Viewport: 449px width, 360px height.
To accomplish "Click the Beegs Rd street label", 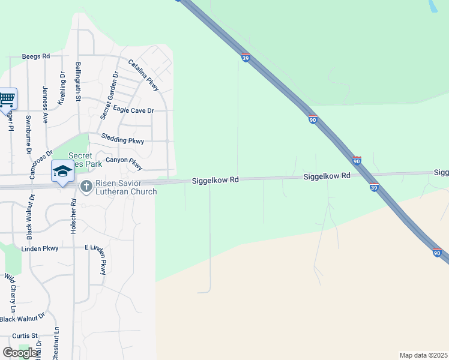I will (35, 56).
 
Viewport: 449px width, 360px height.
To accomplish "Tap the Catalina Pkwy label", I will (143, 75).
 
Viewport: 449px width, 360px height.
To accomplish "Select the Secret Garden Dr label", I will (110, 94).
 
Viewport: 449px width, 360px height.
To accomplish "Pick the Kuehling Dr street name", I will (61, 88).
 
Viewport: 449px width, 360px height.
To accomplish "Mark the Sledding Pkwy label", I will (122, 140).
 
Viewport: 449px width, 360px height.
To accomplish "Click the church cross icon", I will (86, 187).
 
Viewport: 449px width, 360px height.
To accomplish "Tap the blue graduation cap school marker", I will (62, 171).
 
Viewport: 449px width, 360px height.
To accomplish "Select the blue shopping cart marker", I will (7, 98).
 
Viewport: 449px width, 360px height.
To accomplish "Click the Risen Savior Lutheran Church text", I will (126, 187).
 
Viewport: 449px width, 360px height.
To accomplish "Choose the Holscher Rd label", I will (73, 216).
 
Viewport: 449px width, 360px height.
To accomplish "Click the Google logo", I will (20, 353).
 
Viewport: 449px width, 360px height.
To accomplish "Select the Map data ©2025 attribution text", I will (423, 355).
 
